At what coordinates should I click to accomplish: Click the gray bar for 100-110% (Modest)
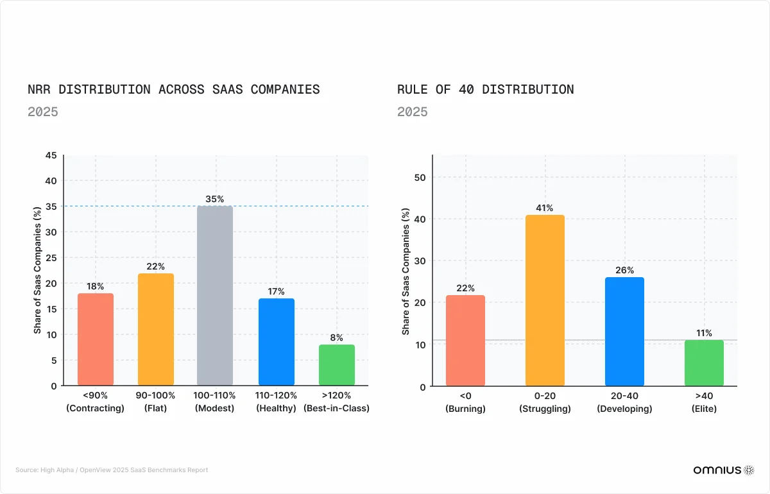pyautogui.click(x=215, y=295)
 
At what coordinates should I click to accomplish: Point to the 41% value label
pyautogui.click(x=545, y=208)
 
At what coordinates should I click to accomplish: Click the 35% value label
pyautogui.click(x=215, y=199)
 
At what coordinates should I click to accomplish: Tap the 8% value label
pyautogui.click(x=337, y=337)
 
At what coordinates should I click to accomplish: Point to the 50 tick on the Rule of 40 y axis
pyautogui.click(x=421, y=177)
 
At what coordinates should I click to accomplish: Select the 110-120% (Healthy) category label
pyautogui.click(x=276, y=402)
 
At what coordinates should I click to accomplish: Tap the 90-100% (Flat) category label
pyautogui.click(x=155, y=402)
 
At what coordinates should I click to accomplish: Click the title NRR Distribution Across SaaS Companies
pyautogui.click(x=173, y=89)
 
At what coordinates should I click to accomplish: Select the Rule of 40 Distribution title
pyautogui.click(x=485, y=89)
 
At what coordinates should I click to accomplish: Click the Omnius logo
pyautogui.click(x=723, y=470)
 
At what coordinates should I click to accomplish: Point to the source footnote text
pyautogui.click(x=112, y=470)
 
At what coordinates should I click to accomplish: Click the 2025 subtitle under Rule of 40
pyautogui.click(x=412, y=112)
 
